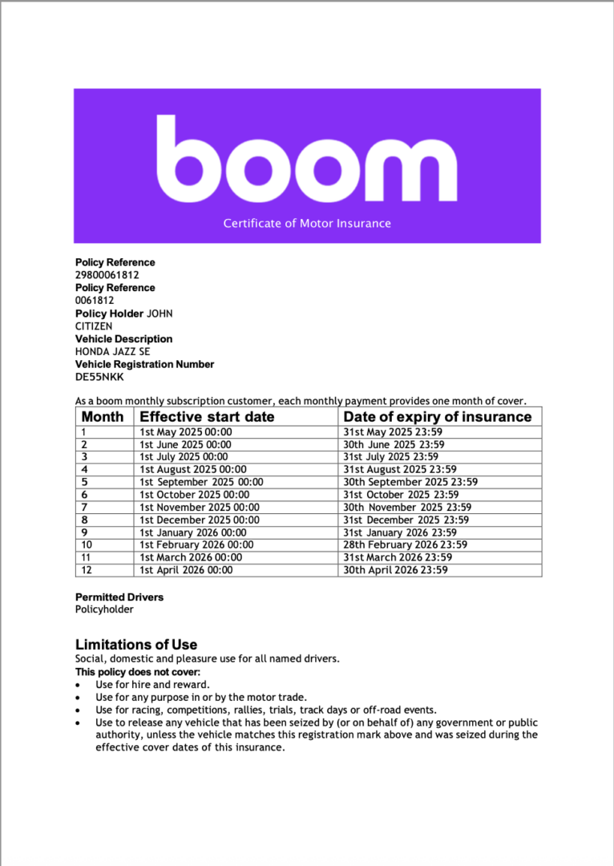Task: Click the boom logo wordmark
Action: pos(306,160)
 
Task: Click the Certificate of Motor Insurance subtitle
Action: pos(307,223)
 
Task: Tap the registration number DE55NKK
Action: pos(99,377)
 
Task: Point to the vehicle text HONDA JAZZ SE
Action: pos(112,351)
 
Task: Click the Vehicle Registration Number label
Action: pos(144,364)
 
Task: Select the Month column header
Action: pos(103,417)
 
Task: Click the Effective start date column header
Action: pos(207,417)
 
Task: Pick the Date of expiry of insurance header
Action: pos(437,417)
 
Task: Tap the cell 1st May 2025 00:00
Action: pos(185,432)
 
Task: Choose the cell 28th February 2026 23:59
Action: pos(405,544)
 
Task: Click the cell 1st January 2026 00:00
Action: pos(192,532)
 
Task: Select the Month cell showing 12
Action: pos(87,570)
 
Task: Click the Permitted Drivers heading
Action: pos(119,597)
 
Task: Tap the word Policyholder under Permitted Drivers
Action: pos(104,609)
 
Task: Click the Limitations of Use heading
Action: pos(136,645)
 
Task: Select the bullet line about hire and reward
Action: pos(152,685)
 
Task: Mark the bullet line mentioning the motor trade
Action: pos(201,698)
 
